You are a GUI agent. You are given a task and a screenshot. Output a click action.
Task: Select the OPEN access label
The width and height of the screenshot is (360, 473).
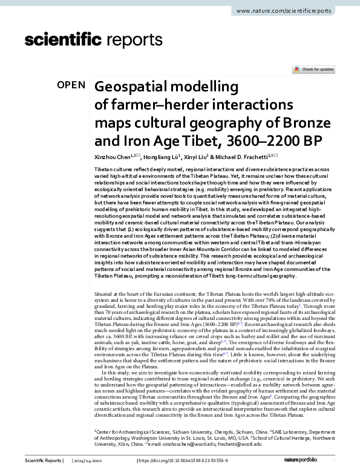(x=71, y=85)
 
